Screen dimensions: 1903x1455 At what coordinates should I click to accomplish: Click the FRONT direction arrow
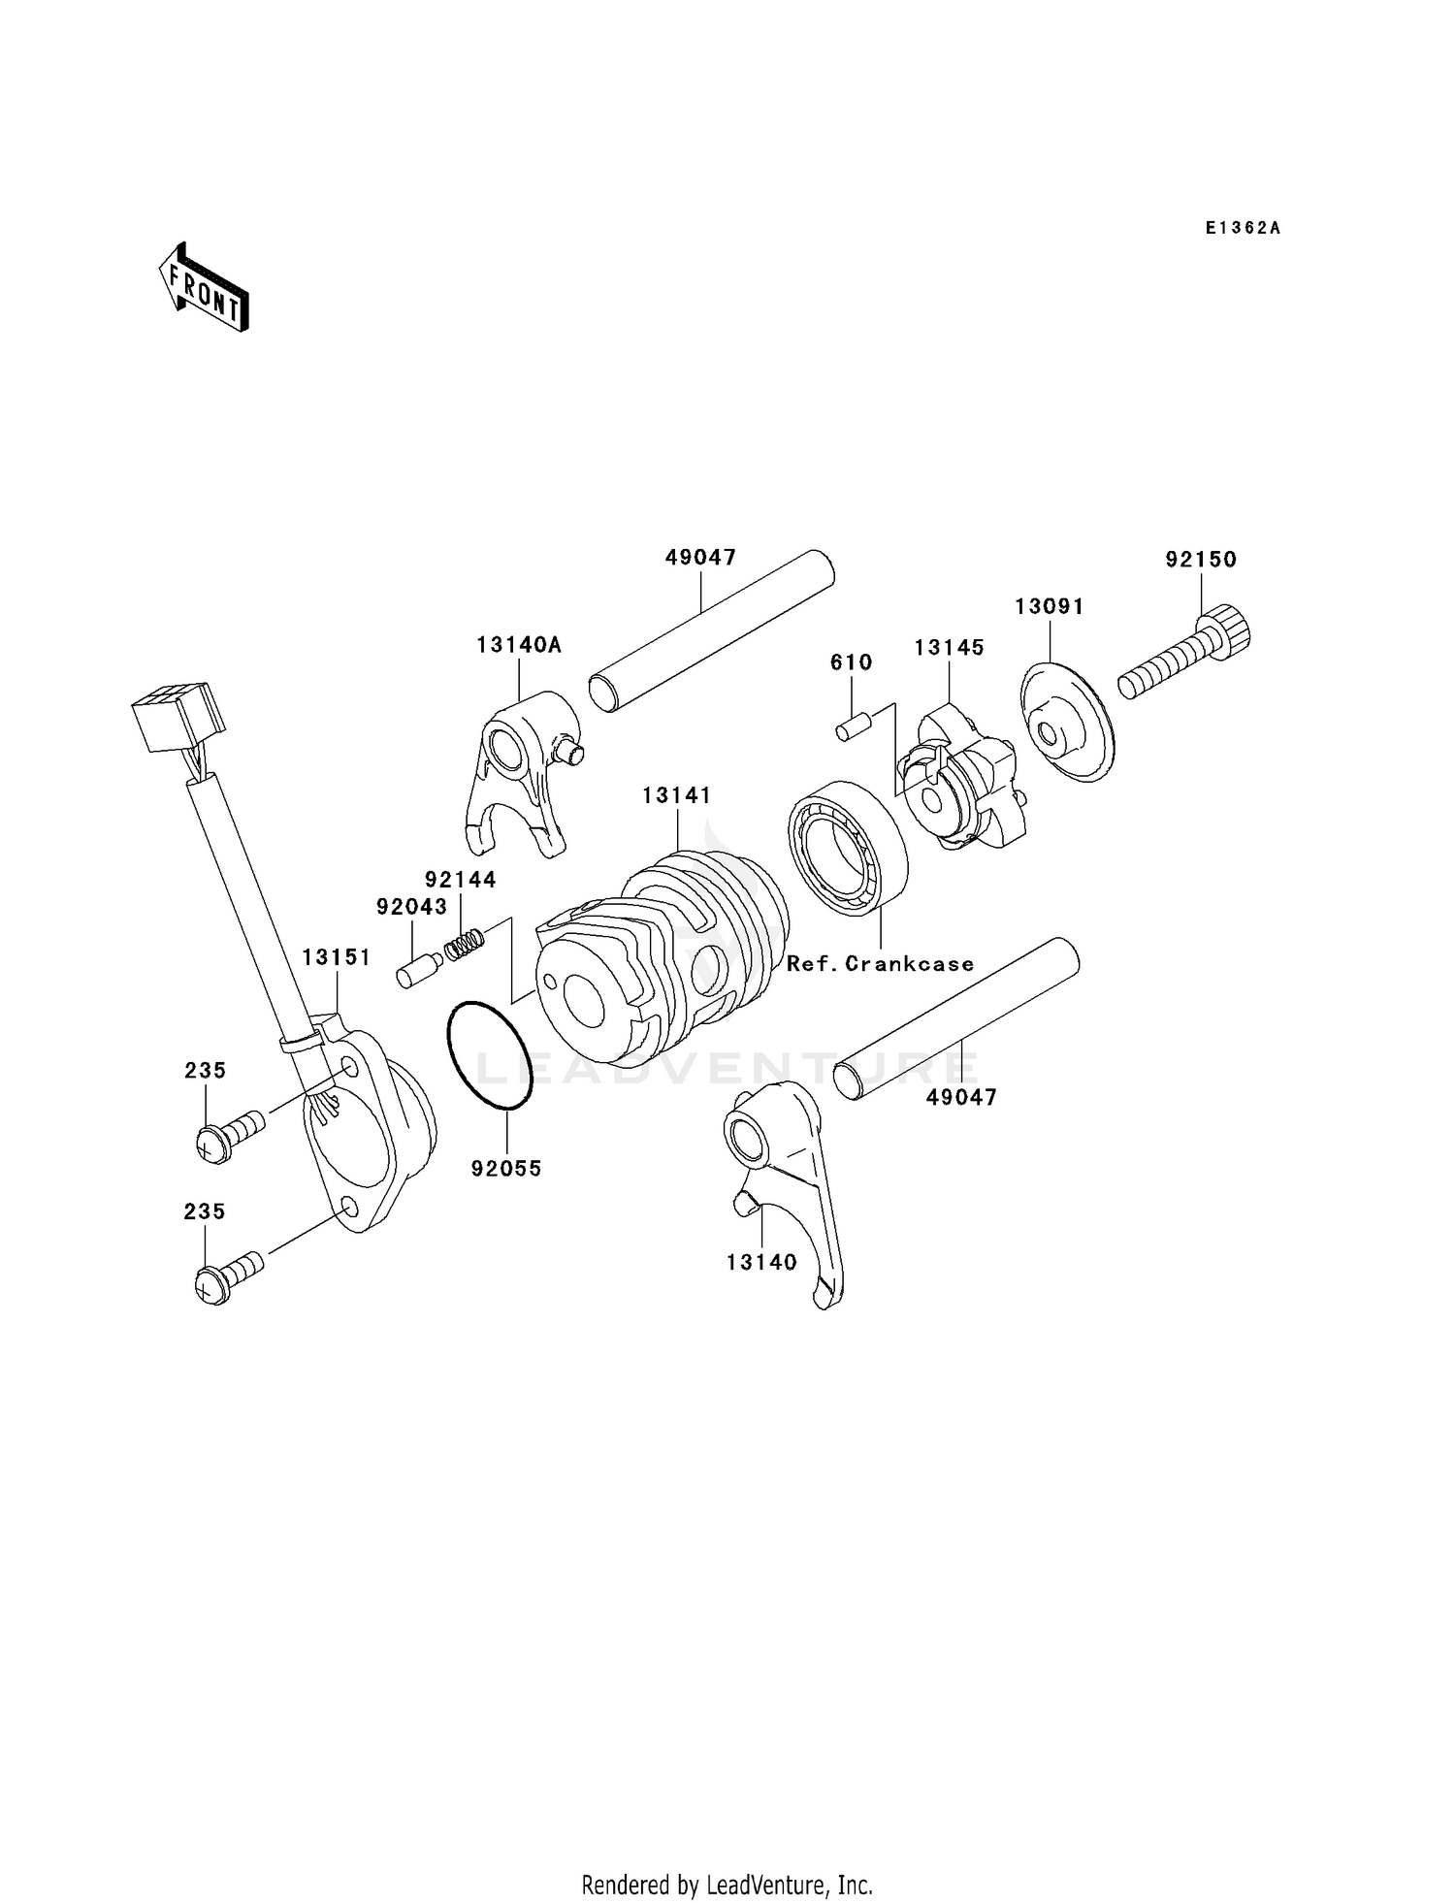coord(205,288)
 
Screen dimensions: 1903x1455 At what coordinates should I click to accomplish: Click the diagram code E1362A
coord(1243,229)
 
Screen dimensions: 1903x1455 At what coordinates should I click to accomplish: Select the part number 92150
coord(1201,560)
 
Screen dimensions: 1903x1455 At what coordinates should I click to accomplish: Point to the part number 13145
coord(949,648)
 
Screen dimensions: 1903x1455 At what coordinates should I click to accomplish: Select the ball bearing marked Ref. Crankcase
coord(847,847)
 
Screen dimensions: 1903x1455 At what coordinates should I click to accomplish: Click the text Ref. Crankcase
coord(880,964)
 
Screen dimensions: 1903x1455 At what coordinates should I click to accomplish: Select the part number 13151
coord(336,957)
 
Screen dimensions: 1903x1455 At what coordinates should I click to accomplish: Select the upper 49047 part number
coord(700,558)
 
